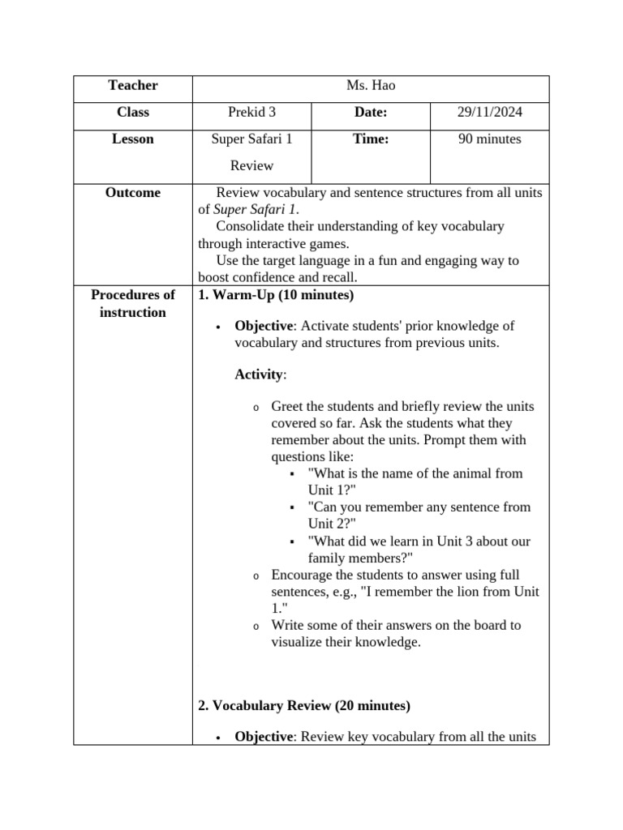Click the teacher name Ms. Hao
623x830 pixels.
click(371, 86)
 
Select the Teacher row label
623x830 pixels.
click(132, 86)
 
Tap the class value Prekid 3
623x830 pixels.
click(251, 113)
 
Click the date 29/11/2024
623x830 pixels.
click(489, 113)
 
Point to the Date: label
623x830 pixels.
click(371, 113)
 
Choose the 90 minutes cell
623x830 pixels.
click(489, 139)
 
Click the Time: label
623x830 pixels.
click(371, 139)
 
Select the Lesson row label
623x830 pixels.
click(132, 139)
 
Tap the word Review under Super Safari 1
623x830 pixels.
click(251, 166)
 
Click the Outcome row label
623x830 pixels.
click(132, 193)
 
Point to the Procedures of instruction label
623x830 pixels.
click(132, 304)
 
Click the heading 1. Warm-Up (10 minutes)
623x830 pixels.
click(276, 295)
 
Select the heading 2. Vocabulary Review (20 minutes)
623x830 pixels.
click(304, 706)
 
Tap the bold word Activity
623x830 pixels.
click(260, 374)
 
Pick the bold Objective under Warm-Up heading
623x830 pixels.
click(264, 326)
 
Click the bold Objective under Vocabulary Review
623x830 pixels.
click(264, 737)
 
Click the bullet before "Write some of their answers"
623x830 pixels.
click(256, 626)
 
